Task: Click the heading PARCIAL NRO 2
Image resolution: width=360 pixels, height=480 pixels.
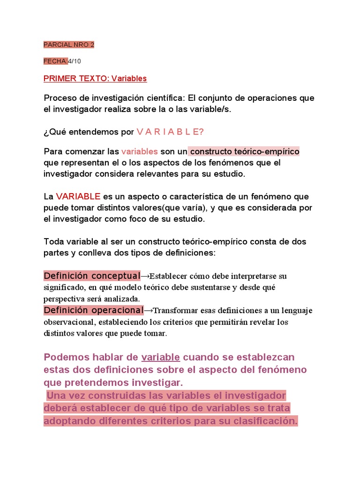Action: (69, 45)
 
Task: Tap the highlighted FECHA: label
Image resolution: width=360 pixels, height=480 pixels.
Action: (55, 61)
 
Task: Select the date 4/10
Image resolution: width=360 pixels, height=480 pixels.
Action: (75, 61)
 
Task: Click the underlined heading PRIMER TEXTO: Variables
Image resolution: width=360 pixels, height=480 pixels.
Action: (95, 78)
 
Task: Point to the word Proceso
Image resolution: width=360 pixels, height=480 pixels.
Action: (59, 98)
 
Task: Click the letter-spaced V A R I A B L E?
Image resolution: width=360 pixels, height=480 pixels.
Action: (170, 132)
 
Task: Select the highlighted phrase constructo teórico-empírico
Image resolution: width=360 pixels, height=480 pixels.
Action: (245, 151)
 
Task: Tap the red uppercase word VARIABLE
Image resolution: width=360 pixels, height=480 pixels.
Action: (78, 196)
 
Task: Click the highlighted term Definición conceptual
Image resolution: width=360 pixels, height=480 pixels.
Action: (92, 275)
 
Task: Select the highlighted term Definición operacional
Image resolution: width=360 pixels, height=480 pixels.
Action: (93, 310)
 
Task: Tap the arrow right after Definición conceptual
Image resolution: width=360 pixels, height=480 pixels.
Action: (145, 276)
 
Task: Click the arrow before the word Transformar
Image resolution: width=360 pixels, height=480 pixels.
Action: (149, 310)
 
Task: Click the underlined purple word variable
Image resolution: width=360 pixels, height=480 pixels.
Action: (160, 357)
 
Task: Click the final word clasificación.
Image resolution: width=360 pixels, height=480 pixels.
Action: (264, 420)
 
